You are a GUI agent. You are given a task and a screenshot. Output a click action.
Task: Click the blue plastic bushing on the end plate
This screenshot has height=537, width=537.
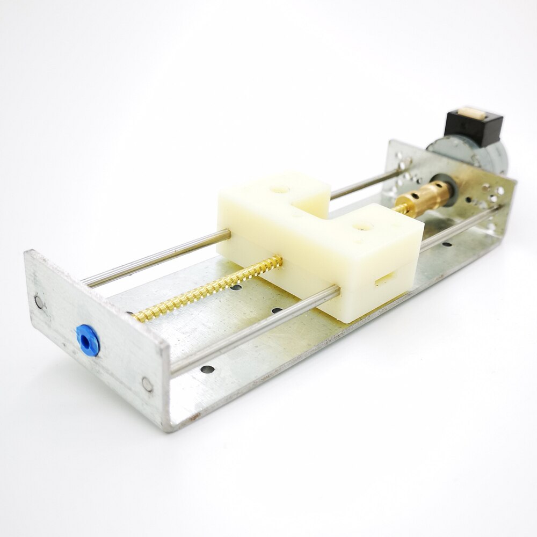(87, 340)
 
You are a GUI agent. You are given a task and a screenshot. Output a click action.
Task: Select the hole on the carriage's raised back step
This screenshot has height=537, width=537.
(279, 190)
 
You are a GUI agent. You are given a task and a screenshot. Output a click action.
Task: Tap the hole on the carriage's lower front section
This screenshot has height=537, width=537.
(364, 226)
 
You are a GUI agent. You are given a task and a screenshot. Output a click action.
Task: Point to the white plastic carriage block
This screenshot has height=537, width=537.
(322, 242)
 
